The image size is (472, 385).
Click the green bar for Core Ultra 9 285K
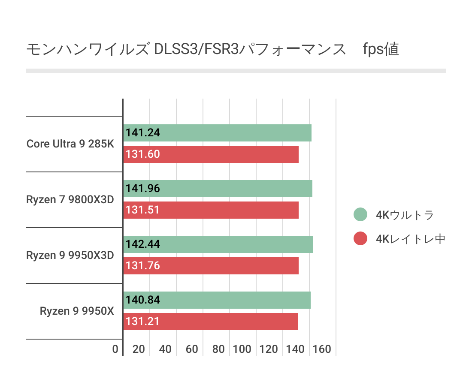point(217,133)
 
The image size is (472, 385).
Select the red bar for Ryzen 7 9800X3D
point(211,210)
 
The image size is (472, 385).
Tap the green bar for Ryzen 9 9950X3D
point(218,244)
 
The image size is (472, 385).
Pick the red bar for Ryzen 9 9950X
point(210,322)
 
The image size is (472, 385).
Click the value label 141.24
point(143,133)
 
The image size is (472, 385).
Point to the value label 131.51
point(143,210)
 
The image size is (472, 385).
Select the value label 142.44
point(143,244)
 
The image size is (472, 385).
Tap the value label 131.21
point(143,322)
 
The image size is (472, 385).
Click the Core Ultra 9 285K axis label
point(70,144)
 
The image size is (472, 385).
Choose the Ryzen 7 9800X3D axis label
point(70,199)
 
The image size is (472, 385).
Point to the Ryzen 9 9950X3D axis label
point(70,255)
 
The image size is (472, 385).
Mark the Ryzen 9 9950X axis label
point(77,311)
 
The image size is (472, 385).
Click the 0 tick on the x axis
point(115,349)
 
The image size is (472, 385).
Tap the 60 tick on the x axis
point(192,349)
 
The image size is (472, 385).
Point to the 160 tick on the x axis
point(322,349)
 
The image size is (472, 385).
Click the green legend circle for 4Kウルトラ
point(361,215)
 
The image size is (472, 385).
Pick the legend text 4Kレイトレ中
point(411,239)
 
